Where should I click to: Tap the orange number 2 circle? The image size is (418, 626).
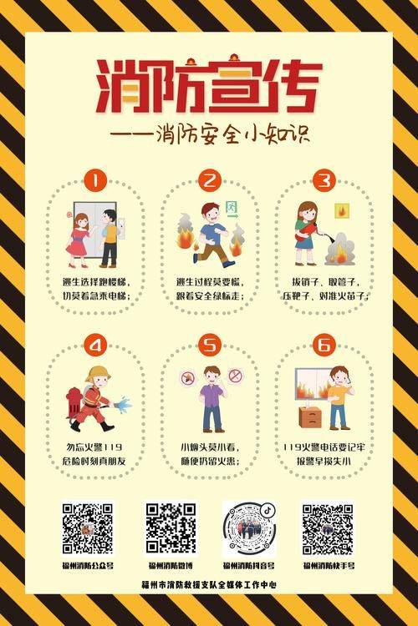209,180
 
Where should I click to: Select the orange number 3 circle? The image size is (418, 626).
324,180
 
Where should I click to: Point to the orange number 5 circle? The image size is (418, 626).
209,345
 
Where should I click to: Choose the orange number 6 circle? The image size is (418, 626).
324,345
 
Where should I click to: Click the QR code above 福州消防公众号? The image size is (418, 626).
88,528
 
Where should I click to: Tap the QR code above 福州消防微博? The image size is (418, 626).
171,528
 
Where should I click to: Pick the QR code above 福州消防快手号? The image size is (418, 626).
328,528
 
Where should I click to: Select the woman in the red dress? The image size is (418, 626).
79,235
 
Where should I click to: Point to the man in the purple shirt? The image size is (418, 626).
212,398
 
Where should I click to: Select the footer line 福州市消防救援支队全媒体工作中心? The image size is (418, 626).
209,585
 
